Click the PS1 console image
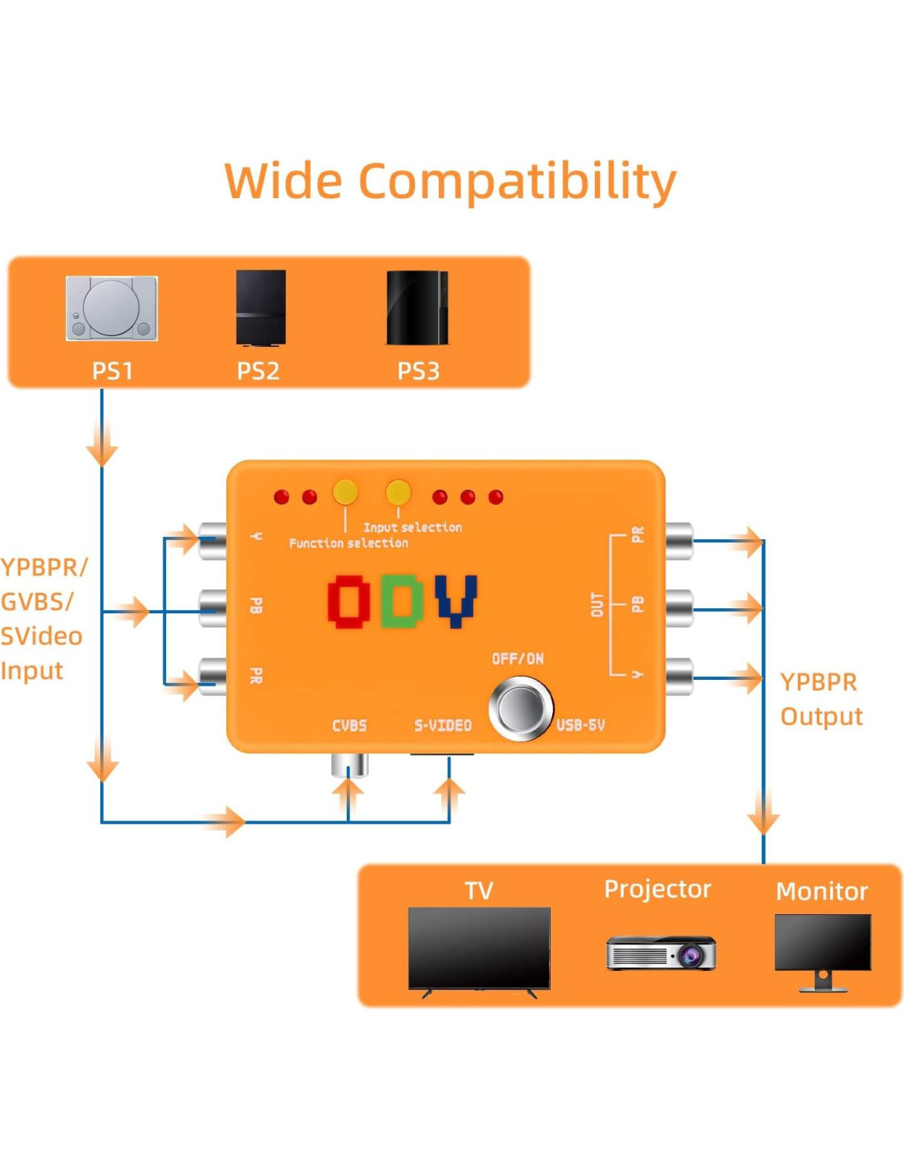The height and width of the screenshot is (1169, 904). (x=111, y=308)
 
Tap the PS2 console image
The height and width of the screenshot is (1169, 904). (x=261, y=307)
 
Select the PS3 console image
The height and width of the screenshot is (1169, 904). (x=417, y=307)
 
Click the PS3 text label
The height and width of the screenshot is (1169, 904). (x=418, y=371)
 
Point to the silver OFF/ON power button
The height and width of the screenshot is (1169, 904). (x=520, y=708)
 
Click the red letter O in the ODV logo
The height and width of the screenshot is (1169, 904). (x=349, y=601)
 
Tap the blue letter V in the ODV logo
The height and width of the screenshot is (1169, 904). (x=456, y=600)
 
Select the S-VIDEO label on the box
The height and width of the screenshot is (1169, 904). (x=443, y=725)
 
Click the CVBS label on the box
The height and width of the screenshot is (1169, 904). (x=349, y=725)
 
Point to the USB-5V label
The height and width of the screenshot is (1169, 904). (x=580, y=724)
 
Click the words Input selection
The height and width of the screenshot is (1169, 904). (x=413, y=527)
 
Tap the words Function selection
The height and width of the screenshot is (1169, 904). (x=348, y=543)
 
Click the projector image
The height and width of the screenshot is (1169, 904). (x=661, y=953)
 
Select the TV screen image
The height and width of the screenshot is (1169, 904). (x=479, y=949)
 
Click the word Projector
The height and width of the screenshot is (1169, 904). (x=657, y=889)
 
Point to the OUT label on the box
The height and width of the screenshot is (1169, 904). (x=597, y=604)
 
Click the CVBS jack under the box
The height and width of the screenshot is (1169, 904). (x=349, y=765)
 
